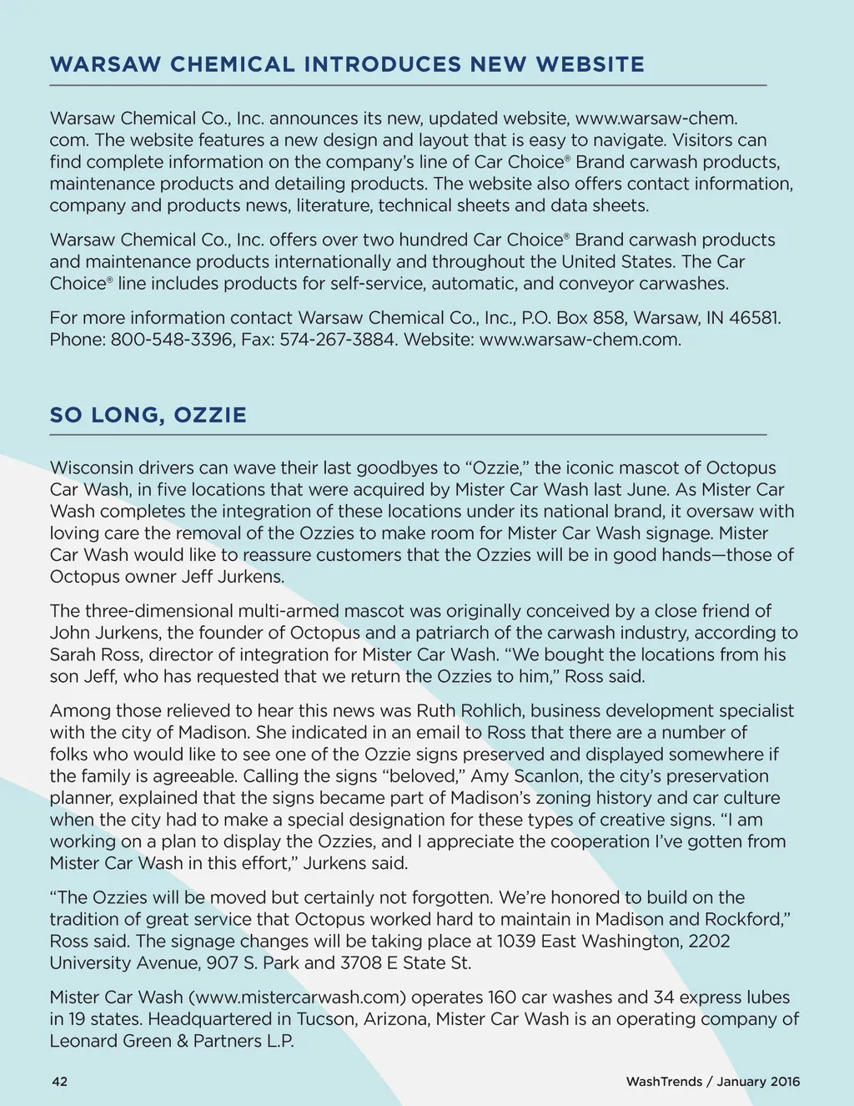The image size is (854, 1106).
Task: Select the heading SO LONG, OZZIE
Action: [148, 415]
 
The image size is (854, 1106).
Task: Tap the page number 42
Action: [59, 1081]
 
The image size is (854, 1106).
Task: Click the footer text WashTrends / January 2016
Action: [712, 1081]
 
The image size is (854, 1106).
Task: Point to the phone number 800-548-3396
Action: [172, 340]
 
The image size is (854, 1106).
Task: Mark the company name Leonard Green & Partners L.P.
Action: [172, 1041]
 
